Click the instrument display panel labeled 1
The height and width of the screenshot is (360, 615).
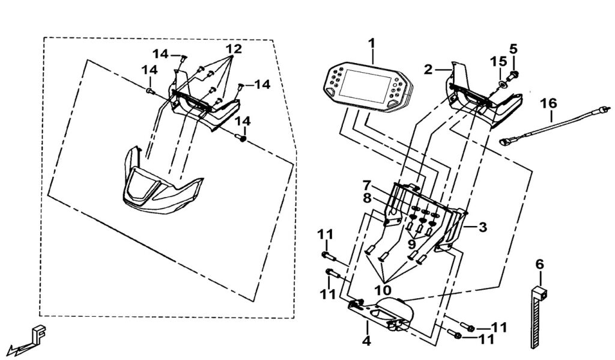click(x=368, y=87)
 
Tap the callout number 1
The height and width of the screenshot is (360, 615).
click(x=371, y=43)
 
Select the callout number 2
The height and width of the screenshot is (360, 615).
click(x=428, y=70)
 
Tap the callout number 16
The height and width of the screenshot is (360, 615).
click(x=548, y=103)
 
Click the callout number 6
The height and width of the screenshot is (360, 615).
click(x=540, y=264)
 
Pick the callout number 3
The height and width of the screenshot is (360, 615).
click(x=482, y=227)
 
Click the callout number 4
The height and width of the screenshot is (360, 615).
click(x=366, y=341)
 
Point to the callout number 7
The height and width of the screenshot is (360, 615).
click(x=366, y=185)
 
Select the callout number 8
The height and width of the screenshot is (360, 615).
click(x=367, y=198)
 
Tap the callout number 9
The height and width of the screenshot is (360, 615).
click(x=411, y=244)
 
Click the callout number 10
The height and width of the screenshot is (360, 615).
click(x=383, y=290)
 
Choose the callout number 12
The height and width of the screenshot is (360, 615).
click(x=234, y=49)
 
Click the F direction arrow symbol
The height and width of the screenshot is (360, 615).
click(x=28, y=338)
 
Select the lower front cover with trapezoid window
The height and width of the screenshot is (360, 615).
click(x=162, y=182)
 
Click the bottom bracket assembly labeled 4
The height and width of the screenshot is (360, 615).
click(x=381, y=314)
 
